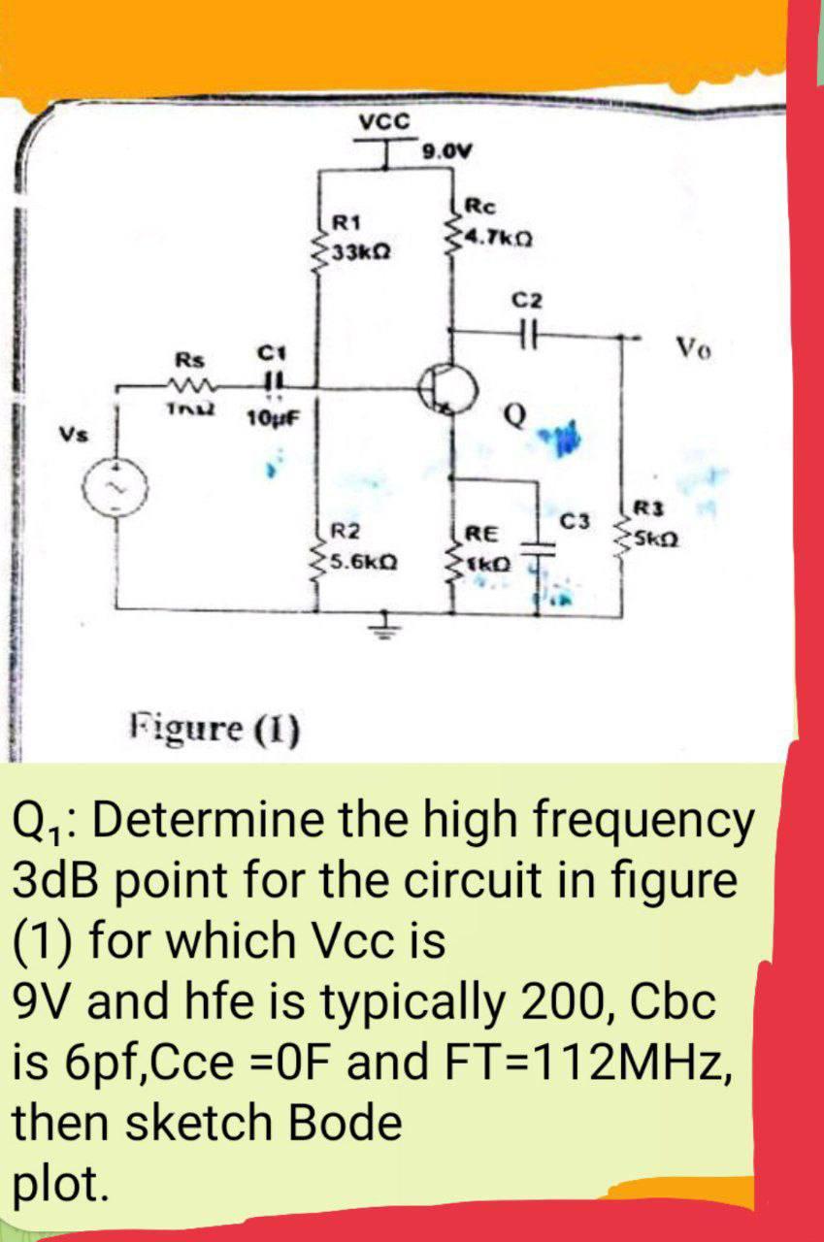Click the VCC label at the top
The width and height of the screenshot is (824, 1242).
[x=385, y=121]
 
